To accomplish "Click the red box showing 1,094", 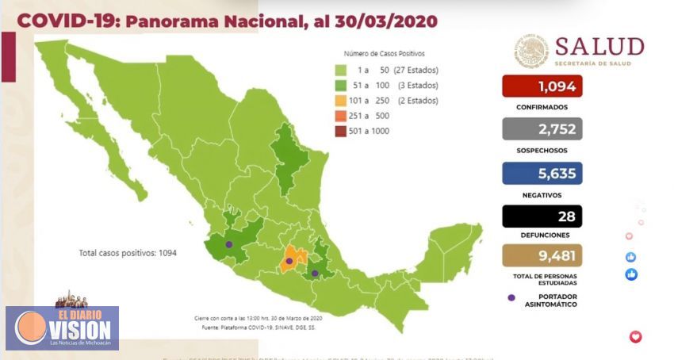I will tap(542, 86).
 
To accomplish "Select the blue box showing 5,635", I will tap(542, 173).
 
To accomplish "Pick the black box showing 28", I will tap(542, 216).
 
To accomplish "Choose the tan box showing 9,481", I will tap(542, 255).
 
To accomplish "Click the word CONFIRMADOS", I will tap(541, 107).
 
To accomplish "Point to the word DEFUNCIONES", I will tap(541, 236).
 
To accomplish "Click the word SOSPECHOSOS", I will tap(541, 150).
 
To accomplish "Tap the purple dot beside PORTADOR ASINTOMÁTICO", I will tap(511, 298).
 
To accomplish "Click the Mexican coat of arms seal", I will tap(530, 51).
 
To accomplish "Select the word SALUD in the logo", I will tap(599, 46).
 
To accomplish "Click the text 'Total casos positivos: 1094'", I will tap(128, 253).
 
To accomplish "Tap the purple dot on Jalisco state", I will tap(229, 245).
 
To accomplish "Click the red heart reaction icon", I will tap(634, 337).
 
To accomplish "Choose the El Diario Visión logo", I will tap(62, 327).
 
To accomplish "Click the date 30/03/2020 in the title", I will tap(376, 21).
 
